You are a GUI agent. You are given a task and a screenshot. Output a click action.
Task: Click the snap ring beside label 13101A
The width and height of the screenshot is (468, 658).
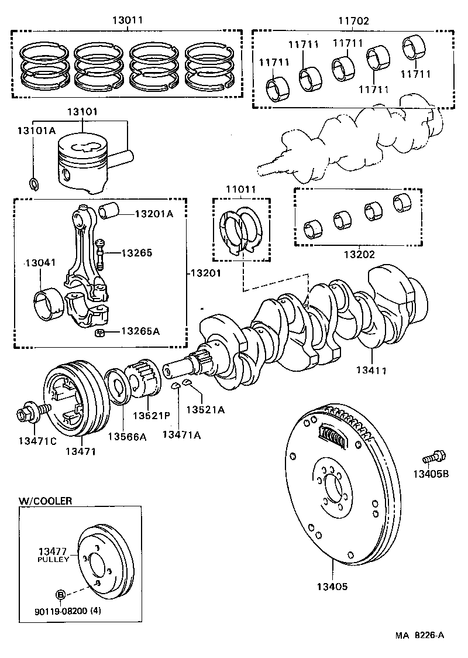(x=34, y=184)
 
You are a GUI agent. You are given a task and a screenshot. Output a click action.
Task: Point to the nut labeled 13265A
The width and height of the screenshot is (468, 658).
(x=99, y=334)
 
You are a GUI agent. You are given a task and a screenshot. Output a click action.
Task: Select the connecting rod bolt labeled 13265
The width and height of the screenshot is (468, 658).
(x=100, y=253)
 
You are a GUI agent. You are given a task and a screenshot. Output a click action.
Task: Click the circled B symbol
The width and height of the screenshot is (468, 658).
(x=60, y=594)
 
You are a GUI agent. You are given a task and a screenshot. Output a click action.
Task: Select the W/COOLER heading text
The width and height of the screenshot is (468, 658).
(x=46, y=501)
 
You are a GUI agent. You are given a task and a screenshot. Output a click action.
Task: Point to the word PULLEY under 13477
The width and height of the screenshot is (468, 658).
(x=53, y=560)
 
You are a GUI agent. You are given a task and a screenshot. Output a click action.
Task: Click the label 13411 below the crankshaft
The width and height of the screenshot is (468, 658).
(x=374, y=370)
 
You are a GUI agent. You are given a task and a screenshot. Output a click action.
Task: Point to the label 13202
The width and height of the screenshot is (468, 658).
(x=359, y=255)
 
